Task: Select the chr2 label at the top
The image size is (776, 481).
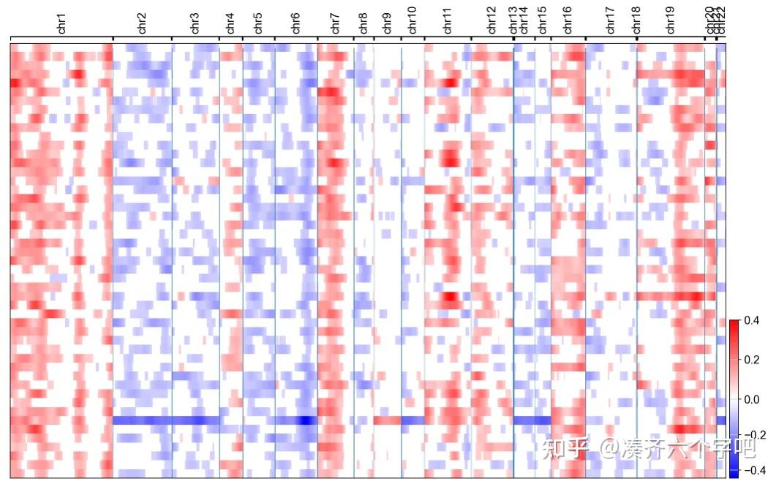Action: click(142, 23)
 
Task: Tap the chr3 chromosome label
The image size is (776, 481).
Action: click(195, 23)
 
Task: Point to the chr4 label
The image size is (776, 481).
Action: click(231, 23)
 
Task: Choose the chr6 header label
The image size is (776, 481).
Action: click(295, 23)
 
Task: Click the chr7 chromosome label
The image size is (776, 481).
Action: click(336, 23)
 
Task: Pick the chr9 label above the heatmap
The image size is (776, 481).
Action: click(387, 23)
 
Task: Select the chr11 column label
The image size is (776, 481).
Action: click(448, 23)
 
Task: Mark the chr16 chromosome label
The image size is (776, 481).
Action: click(568, 23)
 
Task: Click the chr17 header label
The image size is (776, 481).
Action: click(611, 23)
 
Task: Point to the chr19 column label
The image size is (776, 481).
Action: click(671, 23)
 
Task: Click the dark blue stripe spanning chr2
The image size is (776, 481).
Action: click(143, 420)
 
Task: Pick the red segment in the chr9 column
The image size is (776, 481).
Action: click(387, 420)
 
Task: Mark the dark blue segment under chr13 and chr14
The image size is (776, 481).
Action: click(532, 420)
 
